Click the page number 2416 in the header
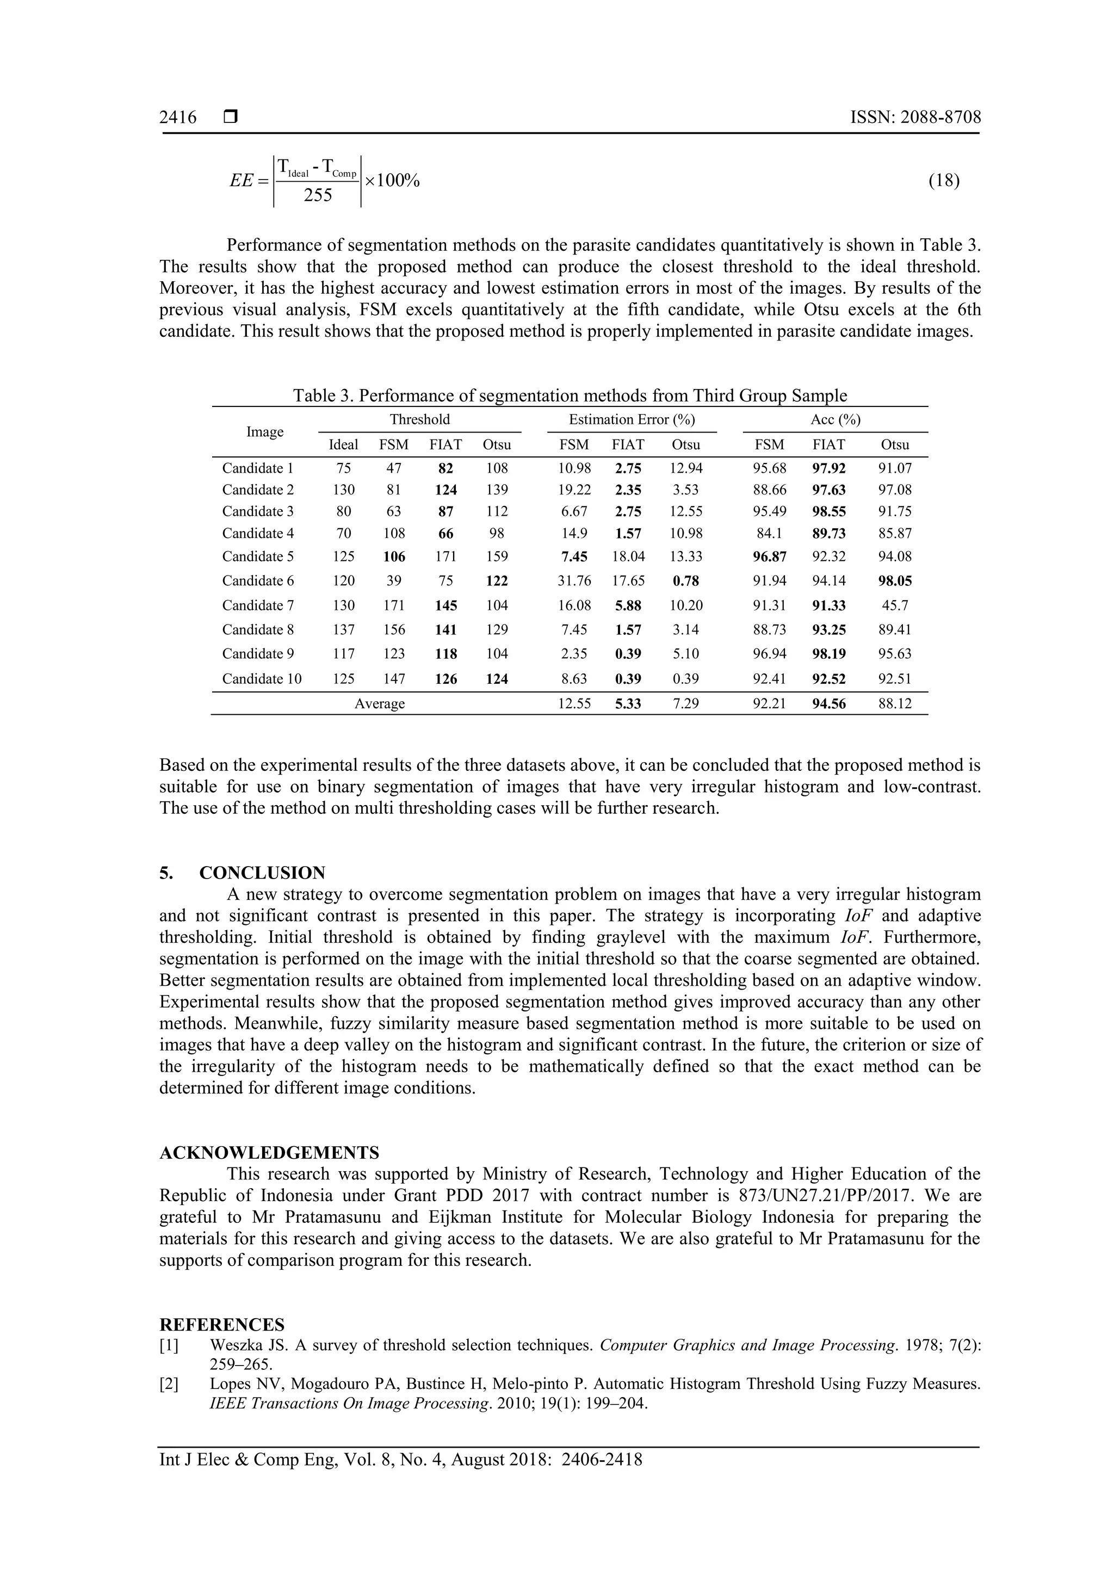point(178,118)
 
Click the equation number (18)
point(944,181)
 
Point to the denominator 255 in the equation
point(318,196)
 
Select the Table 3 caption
point(570,396)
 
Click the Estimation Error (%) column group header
point(632,419)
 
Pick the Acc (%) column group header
point(835,419)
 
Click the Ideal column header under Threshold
point(343,445)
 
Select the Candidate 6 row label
point(258,580)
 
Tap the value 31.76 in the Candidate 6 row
point(574,580)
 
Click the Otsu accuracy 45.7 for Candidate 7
point(895,605)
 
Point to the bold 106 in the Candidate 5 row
point(394,557)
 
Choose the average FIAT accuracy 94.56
point(828,703)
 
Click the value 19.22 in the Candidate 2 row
point(574,490)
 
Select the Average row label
point(380,703)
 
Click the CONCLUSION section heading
point(262,873)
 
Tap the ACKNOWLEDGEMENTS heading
point(269,1152)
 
